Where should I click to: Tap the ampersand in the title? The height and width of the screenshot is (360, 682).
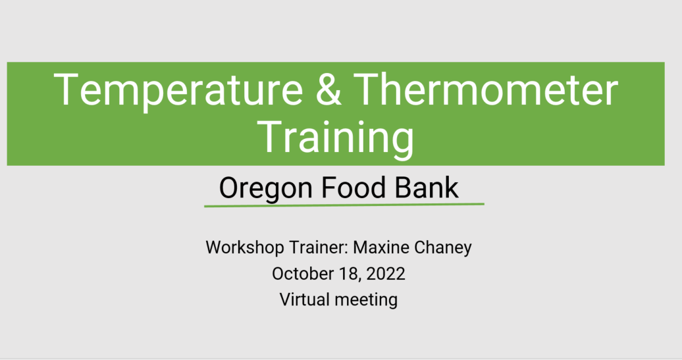(x=328, y=89)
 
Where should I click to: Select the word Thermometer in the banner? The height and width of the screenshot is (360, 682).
(x=485, y=89)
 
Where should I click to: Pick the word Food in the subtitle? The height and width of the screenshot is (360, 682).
(x=354, y=188)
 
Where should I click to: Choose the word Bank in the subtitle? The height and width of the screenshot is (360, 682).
(x=427, y=188)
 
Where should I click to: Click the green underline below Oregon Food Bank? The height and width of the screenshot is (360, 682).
(x=344, y=204)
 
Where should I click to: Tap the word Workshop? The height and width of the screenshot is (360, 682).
(x=245, y=248)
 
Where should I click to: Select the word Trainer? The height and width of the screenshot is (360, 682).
(x=319, y=247)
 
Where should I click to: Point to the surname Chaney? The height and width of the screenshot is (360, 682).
(x=443, y=248)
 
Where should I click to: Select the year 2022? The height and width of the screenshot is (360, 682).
(x=386, y=274)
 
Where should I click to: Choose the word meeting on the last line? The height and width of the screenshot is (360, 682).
(x=366, y=300)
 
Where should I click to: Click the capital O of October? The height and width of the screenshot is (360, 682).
(x=279, y=274)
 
